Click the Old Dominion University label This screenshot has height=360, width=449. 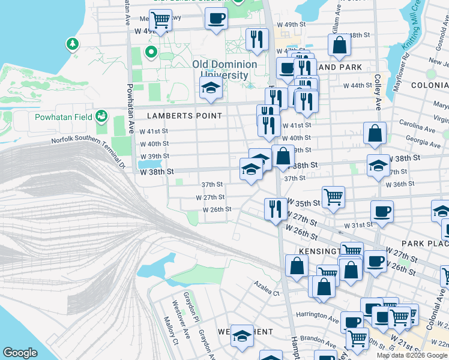click(x=224, y=70)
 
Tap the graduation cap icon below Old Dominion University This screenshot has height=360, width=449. click(x=211, y=88)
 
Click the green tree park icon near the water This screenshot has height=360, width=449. click(x=73, y=44)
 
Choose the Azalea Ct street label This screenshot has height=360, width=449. click(x=267, y=293)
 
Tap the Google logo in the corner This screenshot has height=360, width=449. click(x=20, y=353)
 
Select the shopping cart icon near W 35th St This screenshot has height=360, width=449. click(x=333, y=196)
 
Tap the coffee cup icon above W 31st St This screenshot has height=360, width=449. click(x=382, y=211)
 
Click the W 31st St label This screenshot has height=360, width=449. click(x=358, y=225)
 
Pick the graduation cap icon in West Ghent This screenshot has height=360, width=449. click(x=242, y=337)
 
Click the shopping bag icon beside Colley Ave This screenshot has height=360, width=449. click(x=375, y=136)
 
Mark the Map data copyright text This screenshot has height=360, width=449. click(x=411, y=355)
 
